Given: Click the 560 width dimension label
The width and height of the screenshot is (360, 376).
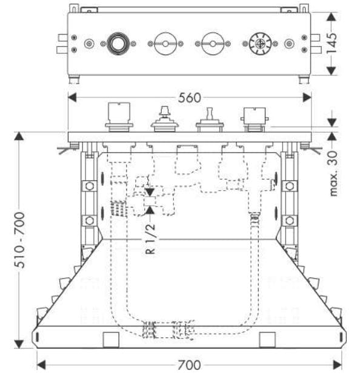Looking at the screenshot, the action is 189,98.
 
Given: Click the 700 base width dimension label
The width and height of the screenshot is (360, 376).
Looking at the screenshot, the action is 189,365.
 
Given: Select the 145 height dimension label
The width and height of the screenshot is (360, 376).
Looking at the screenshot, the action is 332,43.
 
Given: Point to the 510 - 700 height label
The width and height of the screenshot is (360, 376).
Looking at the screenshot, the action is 19,240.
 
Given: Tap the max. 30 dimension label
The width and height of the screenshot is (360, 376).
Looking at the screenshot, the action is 333,174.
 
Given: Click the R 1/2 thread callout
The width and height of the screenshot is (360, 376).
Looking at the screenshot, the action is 150,239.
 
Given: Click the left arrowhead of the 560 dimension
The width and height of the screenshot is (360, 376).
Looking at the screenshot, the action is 72,97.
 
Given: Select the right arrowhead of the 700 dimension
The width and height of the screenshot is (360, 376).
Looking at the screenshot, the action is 338,365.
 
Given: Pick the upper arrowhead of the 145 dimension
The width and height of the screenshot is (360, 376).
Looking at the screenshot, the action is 332,17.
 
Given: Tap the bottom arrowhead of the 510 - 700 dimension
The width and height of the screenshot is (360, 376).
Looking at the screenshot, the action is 19,344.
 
